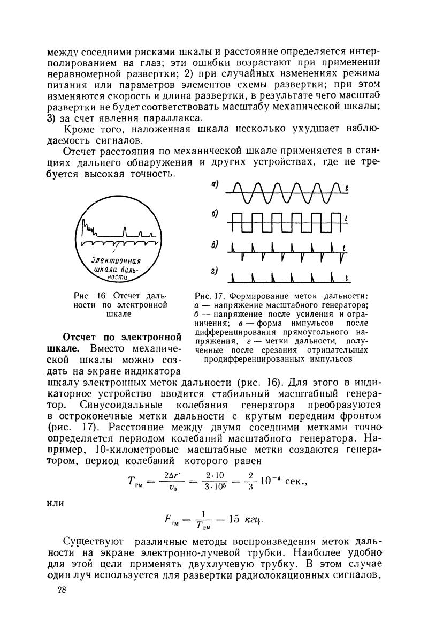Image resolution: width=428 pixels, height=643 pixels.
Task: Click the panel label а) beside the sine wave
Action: (215, 184)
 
